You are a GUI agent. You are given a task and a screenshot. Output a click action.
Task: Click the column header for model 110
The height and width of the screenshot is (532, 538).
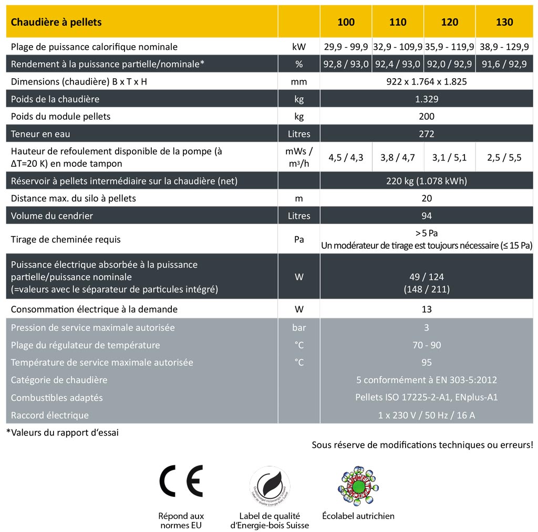tap(398, 22)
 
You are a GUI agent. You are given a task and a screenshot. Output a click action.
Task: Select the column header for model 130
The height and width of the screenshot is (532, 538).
tap(504, 22)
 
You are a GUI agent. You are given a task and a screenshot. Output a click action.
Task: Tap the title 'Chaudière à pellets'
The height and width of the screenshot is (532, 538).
tap(56, 22)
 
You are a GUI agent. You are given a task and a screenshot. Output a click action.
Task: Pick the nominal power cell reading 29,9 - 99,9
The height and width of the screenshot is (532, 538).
tap(346, 47)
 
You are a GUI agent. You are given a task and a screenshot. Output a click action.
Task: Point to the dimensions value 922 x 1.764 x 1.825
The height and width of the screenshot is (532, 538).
tap(426, 82)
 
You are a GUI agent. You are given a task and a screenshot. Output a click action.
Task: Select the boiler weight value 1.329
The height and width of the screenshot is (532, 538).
tap(426, 99)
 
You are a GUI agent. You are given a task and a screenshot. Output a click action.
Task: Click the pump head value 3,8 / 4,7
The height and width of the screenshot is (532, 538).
tap(397, 157)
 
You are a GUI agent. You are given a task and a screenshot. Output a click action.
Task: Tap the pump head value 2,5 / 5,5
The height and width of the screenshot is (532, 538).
tap(504, 157)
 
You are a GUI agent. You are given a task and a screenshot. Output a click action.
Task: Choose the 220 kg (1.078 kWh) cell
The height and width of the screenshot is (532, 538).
tap(426, 181)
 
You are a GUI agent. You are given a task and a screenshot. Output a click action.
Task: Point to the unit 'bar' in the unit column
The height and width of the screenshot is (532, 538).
tap(299, 328)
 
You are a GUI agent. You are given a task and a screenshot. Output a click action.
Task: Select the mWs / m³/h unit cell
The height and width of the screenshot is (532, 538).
tap(299, 157)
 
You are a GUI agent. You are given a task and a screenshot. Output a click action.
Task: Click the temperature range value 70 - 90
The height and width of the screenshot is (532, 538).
tap(426, 345)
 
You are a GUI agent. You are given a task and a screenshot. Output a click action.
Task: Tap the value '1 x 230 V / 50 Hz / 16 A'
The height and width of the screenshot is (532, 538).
tap(426, 416)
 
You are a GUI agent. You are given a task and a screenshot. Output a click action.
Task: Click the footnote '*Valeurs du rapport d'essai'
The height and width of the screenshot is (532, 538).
tap(62, 433)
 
